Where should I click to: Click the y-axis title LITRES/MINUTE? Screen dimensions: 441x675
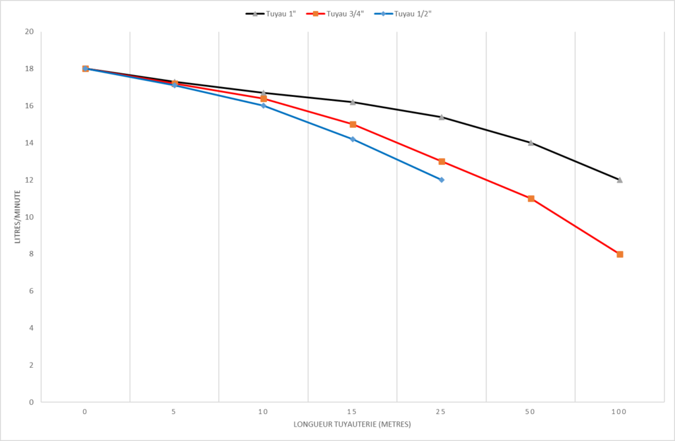point(18,217)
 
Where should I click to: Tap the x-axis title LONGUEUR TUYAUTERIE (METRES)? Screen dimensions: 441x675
point(352,424)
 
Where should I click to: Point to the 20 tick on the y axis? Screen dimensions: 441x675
point(29,32)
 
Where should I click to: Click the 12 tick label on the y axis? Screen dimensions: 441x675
point(29,180)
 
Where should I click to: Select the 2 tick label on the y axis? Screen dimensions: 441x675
point(31,365)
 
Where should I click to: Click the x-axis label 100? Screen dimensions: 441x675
point(619,411)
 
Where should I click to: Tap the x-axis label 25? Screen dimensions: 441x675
point(441,411)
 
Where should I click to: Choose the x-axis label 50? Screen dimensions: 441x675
point(530,411)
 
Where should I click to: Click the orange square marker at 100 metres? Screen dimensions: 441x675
point(620,254)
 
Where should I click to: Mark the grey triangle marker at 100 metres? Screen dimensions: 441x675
point(620,180)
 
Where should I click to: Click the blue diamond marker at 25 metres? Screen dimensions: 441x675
point(442,179)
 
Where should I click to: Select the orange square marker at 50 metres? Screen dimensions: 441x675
point(531,198)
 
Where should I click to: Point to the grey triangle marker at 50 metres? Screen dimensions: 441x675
point(531,142)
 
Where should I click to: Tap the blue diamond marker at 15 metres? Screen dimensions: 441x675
point(353,139)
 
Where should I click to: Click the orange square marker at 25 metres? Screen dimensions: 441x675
point(442,162)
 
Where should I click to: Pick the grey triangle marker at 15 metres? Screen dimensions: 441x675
point(353,102)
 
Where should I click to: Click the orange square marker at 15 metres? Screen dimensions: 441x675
point(353,124)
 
